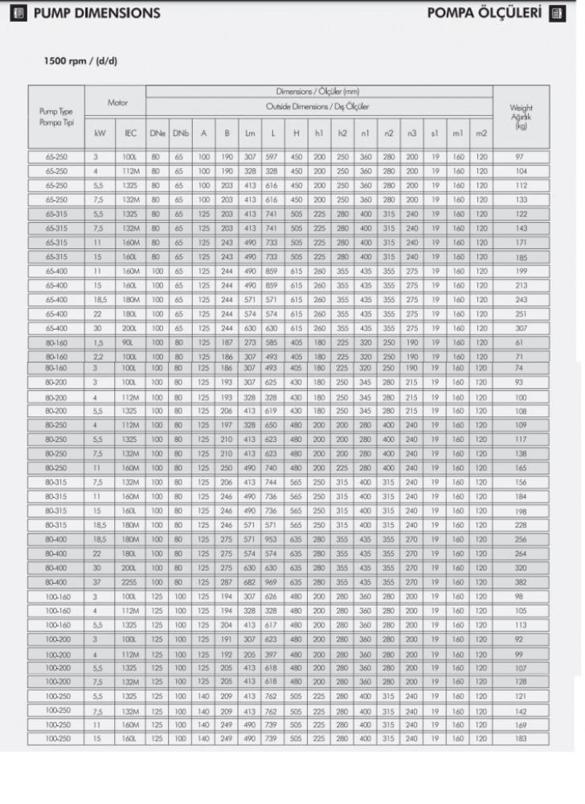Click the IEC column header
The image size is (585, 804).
tap(130, 133)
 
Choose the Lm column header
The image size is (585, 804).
tap(249, 133)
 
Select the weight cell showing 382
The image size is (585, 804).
tap(521, 582)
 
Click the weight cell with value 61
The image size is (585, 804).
tap(521, 343)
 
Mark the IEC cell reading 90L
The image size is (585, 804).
tap(130, 343)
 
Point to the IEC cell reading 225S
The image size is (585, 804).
tap(130, 582)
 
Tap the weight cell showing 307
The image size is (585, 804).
tap(521, 328)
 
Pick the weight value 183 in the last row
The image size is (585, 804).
tap(521, 738)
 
